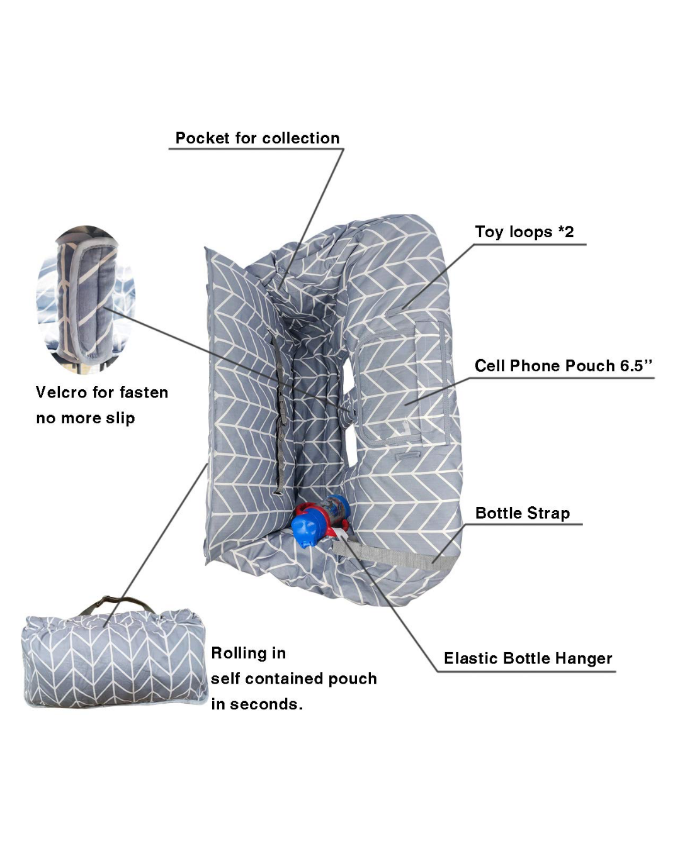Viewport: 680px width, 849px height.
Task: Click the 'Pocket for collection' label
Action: point(258,138)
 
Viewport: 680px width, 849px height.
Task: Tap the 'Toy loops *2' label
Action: point(524,232)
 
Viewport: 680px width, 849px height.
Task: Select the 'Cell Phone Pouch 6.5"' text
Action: point(563,366)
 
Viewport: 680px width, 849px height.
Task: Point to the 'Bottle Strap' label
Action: point(523,513)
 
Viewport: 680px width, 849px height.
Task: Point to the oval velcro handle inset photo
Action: point(86,300)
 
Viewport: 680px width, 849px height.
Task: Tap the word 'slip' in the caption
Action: point(120,419)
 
